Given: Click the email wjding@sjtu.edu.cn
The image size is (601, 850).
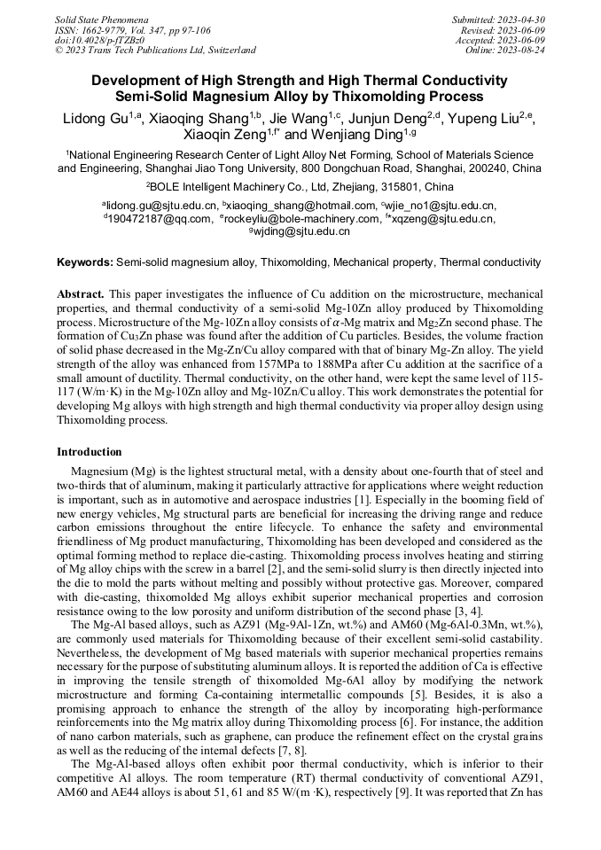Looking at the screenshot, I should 302,230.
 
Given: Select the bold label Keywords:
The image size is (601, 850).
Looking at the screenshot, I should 85,262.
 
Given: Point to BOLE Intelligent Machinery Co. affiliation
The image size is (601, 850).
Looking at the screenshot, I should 266,187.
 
